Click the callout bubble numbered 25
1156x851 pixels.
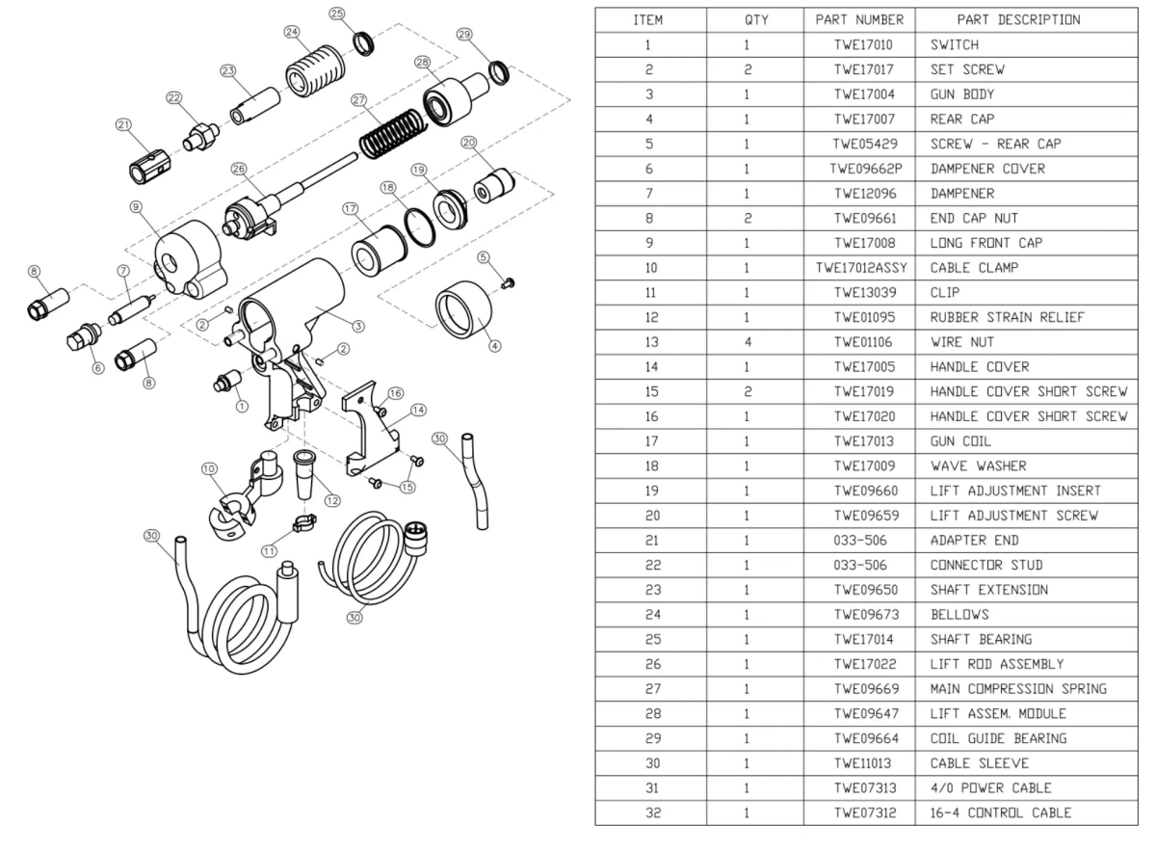(x=337, y=13)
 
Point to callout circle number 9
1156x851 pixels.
(x=136, y=205)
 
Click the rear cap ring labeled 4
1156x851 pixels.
(x=465, y=313)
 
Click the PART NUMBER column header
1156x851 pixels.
(x=858, y=20)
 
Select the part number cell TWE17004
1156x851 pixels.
(x=858, y=95)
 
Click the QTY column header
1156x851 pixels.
(x=754, y=20)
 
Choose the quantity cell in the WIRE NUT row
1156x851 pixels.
(x=754, y=342)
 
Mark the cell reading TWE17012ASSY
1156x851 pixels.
(x=858, y=268)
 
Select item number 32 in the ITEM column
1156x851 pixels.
(x=649, y=812)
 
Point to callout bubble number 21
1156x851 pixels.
(x=123, y=124)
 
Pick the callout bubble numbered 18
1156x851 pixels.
(x=388, y=188)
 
